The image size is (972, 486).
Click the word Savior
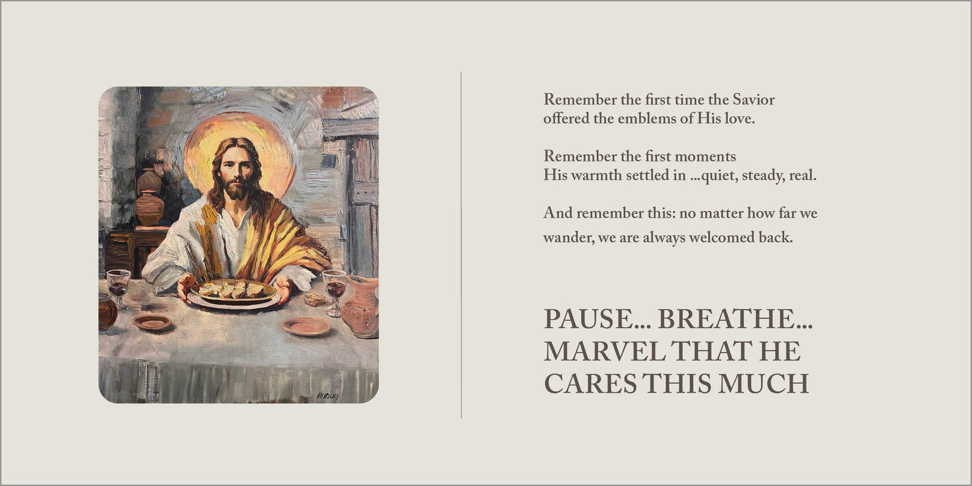pos(753,100)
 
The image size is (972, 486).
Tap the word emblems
pos(640,119)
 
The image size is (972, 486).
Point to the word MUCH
pos(763,384)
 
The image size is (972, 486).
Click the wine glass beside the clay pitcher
pos(334,293)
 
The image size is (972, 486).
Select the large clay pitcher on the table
pos(361,306)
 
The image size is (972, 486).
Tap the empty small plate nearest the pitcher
pos(306,326)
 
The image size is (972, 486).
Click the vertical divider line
pos(461,245)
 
